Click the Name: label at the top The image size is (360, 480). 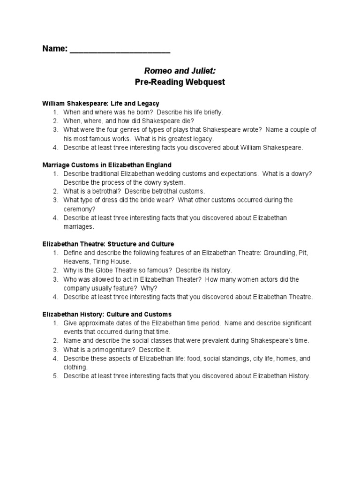55,49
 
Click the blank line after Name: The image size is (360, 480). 120,50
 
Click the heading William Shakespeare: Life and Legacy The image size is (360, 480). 101,103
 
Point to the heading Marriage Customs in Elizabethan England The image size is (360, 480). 107,165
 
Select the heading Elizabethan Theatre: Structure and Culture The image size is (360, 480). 108,244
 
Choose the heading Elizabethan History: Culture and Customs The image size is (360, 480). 107,314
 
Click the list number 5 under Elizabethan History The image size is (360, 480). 55,376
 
